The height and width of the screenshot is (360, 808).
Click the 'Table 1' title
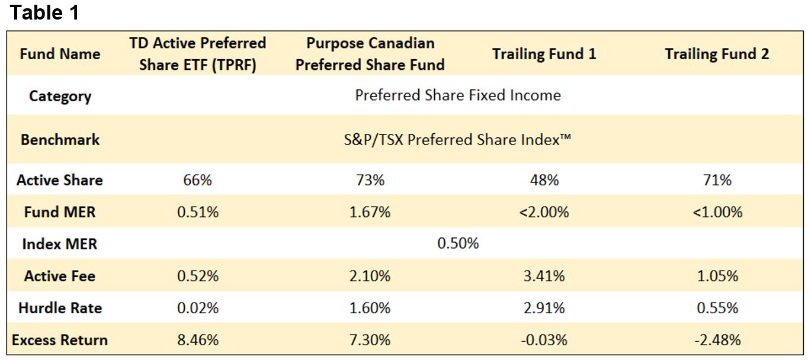[44, 13]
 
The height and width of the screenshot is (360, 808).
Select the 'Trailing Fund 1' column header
[544, 54]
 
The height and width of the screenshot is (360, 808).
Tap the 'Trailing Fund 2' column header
[717, 54]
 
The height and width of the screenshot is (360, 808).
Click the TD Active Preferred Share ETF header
[198, 54]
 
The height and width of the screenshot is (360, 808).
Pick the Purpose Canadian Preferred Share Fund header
[370, 54]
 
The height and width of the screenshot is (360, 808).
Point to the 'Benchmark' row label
[60, 140]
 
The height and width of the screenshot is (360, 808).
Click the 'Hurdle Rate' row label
[60, 308]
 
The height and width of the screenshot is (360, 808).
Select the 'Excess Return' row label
[60, 340]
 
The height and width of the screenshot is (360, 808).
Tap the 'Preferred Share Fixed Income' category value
[458, 95]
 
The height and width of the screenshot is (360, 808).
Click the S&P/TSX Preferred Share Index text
[458, 140]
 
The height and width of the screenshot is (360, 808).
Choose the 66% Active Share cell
[198, 180]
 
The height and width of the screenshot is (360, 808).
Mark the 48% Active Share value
[544, 180]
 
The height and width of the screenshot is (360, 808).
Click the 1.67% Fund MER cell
[370, 212]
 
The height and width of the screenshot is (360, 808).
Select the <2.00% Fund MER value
[544, 212]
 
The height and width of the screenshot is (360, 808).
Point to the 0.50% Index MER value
[458, 243]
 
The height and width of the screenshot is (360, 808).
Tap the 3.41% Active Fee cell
[544, 276]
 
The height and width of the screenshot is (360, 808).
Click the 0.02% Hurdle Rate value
[198, 308]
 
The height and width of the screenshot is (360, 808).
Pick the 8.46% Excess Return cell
[198, 340]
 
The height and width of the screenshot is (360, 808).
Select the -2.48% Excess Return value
[717, 340]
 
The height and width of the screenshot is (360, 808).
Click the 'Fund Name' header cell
[60, 54]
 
